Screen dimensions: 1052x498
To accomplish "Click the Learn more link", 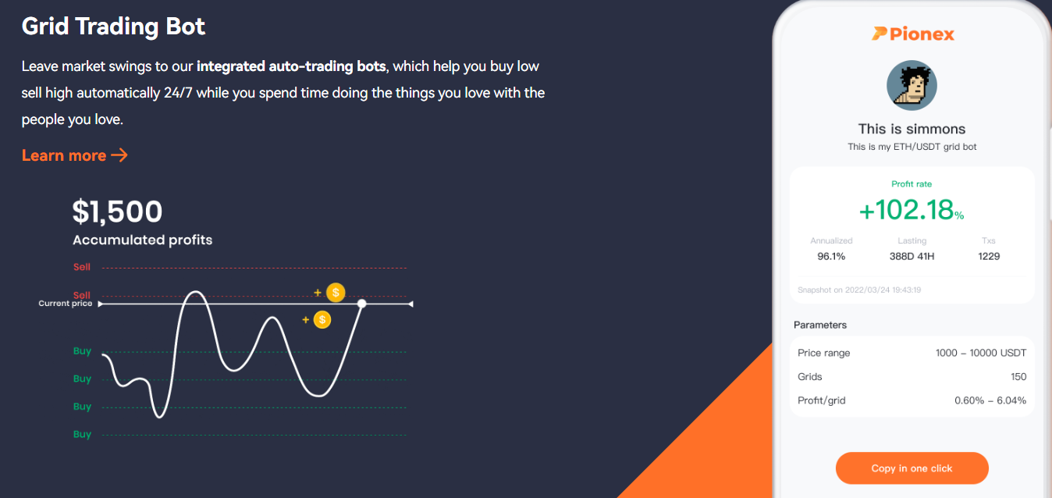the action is pos(75,155).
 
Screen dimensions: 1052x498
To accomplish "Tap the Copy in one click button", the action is pos(912,468).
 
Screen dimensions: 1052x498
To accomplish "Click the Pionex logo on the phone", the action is pos(913,34).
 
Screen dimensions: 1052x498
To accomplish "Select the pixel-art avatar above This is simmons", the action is pos(912,86).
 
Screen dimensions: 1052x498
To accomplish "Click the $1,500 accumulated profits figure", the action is pos(117,212).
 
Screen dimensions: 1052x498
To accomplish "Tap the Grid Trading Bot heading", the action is pos(113,27).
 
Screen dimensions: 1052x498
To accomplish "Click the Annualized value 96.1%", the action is pos(831,256).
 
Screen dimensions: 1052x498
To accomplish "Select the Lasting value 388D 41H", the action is pos(912,256).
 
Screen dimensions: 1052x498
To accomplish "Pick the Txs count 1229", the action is pos(989,256).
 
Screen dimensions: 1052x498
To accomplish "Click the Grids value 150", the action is pos(1018,376).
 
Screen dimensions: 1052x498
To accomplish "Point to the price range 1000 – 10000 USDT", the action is pos(981,353).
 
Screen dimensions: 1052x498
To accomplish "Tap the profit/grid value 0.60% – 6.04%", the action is pos(990,400).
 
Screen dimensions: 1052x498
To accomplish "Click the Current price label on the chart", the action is pos(66,304).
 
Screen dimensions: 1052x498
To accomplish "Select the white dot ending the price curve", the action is pos(361,304).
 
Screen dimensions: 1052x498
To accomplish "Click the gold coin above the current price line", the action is pos(336,292).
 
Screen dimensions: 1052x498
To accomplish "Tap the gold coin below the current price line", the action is pos(322,320).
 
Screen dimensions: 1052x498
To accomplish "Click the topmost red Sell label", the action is pos(82,267).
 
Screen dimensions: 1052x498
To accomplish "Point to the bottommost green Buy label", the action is pos(82,434).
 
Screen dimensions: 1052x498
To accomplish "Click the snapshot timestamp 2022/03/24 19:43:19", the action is pos(883,290).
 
